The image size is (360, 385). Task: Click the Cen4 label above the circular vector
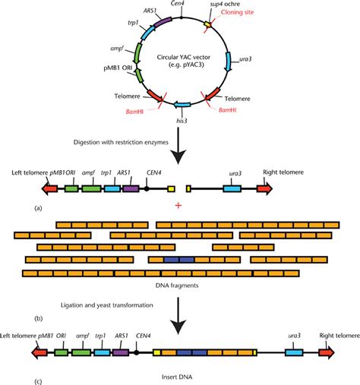point(177,3)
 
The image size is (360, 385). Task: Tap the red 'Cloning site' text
point(237,12)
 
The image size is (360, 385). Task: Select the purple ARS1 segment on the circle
point(163,22)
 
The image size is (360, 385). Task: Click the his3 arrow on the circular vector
point(182,105)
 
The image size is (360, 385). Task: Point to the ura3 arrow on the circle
point(229,62)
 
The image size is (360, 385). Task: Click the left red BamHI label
point(134,112)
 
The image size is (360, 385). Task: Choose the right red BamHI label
point(228,110)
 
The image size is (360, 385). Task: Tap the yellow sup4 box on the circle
point(207,24)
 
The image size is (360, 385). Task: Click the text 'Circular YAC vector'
point(184,57)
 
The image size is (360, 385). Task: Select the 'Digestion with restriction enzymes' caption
point(121,142)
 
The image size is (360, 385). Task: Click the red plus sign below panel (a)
point(178,205)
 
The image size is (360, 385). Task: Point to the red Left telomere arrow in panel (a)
point(49,188)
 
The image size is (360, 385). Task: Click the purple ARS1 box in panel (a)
point(131,189)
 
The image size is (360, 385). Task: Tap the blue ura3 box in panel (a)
point(232,189)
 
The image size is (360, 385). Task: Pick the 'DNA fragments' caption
point(177,286)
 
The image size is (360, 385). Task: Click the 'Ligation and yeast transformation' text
point(107,305)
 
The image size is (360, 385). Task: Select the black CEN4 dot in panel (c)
point(137,352)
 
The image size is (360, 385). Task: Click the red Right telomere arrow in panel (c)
point(327,352)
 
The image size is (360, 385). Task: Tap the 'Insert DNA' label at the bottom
point(177,377)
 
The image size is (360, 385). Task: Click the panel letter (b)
point(38,319)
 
